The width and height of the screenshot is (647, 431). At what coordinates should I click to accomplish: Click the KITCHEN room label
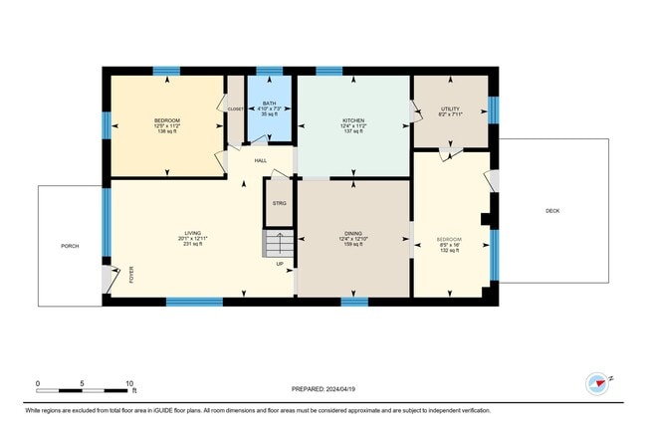point(354,120)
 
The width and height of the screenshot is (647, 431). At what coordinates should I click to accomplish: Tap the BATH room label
point(269,103)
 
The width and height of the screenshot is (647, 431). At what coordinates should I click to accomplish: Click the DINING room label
point(354,233)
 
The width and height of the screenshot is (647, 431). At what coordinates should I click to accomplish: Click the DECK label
point(552,210)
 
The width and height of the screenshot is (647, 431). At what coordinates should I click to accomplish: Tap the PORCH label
point(70,246)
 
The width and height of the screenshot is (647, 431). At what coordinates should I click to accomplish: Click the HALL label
point(260,160)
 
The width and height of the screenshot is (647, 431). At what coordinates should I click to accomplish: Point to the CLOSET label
point(235,108)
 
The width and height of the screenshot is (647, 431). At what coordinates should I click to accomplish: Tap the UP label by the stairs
point(279,264)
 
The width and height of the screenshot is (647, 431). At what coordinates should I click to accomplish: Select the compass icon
point(597,383)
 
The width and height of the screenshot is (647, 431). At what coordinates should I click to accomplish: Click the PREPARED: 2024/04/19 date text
point(323,389)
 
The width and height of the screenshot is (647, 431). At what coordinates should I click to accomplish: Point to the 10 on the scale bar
point(129,382)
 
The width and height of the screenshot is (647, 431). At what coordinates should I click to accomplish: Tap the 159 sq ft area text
point(354,244)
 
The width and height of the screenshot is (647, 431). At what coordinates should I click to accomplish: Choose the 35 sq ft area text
point(269,114)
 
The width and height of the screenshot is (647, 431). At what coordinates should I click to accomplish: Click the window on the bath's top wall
point(269,72)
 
